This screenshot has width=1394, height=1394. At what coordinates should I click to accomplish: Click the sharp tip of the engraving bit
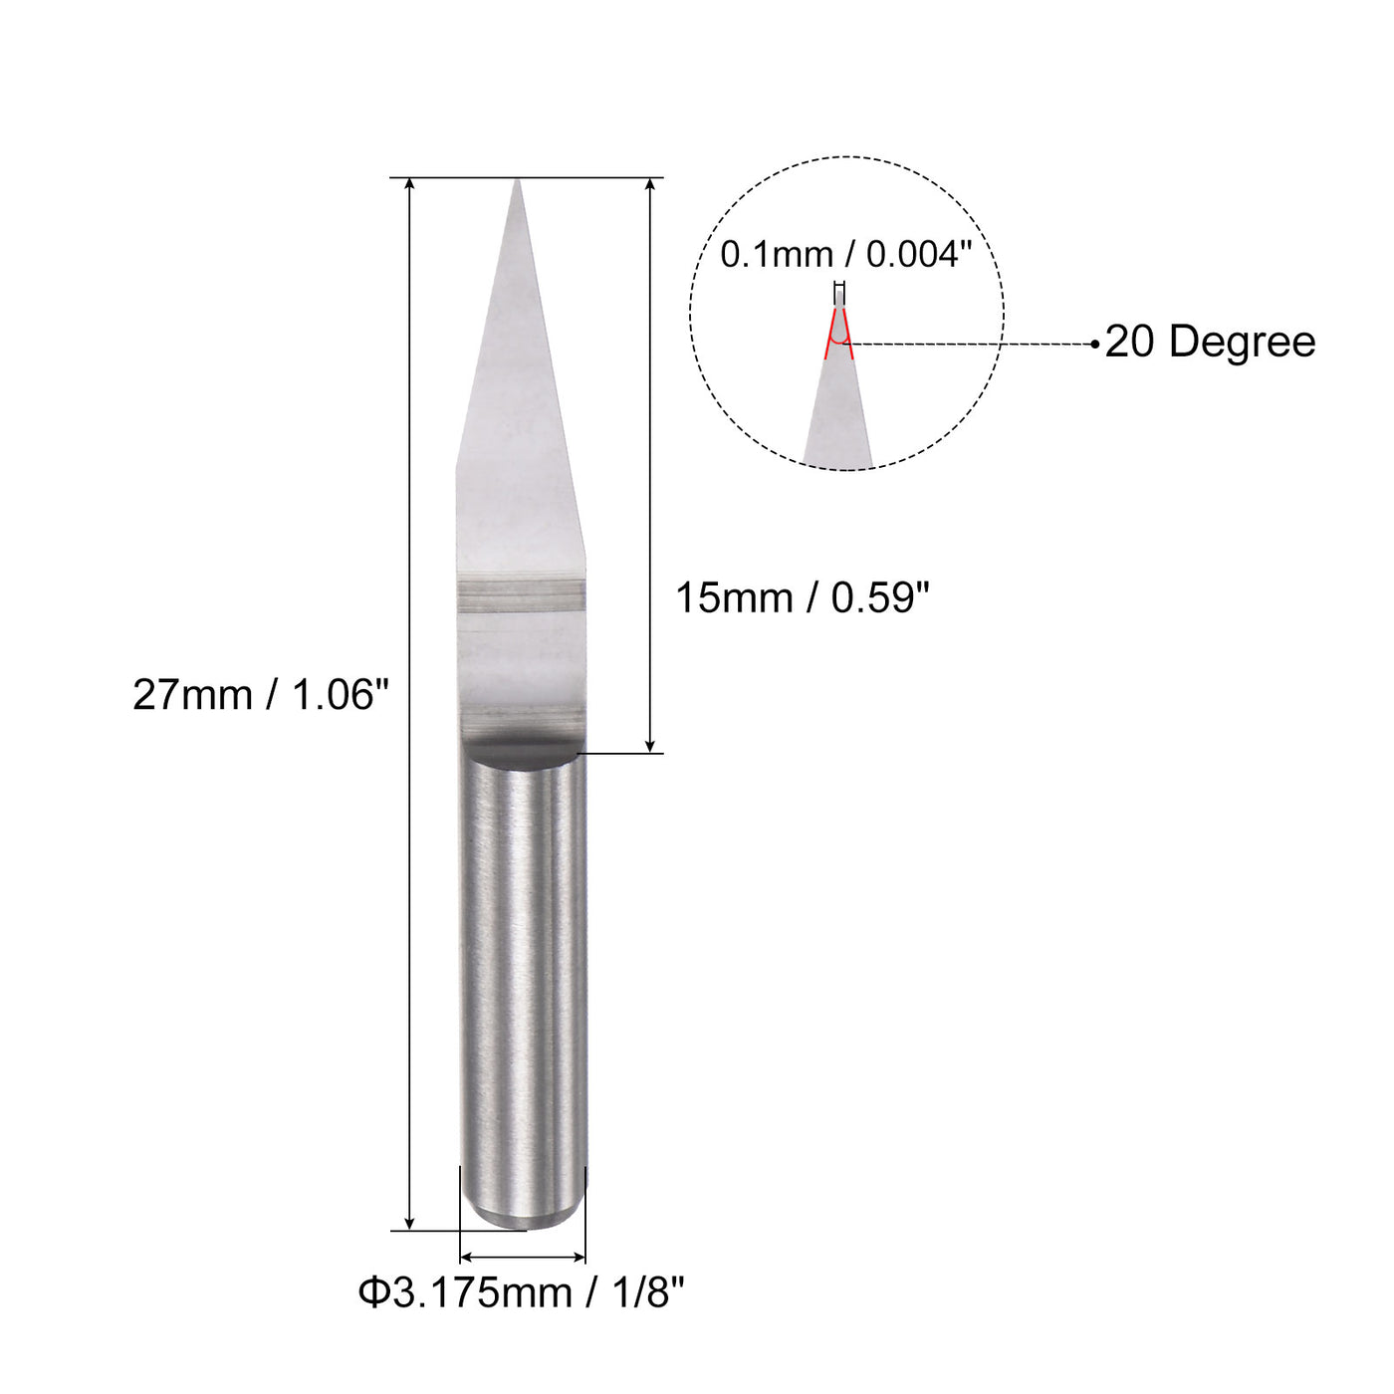[517, 183]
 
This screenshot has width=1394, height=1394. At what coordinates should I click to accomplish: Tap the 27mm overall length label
[261, 695]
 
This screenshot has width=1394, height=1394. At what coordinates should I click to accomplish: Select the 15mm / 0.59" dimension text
[802, 598]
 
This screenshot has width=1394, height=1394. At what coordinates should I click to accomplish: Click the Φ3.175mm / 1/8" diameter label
[522, 1293]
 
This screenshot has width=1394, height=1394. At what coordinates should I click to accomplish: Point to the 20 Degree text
[1210, 342]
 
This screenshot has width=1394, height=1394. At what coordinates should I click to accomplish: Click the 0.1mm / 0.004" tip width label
[845, 255]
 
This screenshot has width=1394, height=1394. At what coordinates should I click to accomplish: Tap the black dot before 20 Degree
[1095, 345]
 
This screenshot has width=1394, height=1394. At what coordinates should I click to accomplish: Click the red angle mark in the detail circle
[839, 334]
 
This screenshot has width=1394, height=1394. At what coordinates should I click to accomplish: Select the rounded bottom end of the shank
[523, 1217]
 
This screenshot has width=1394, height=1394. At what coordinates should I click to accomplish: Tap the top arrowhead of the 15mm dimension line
[650, 186]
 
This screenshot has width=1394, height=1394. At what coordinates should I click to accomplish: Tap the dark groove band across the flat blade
[521, 595]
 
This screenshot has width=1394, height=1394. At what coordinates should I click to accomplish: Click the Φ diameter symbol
[371, 1293]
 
